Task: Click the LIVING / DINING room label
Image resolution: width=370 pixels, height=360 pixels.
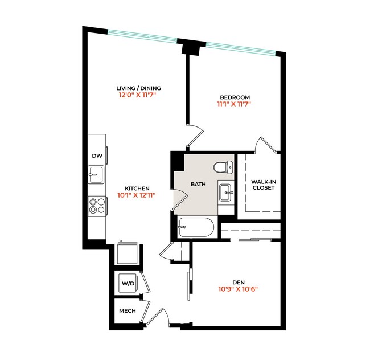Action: click(x=139, y=88)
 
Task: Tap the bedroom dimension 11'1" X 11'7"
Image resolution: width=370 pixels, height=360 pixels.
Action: click(x=233, y=104)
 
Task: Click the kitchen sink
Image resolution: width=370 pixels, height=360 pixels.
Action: click(x=97, y=174)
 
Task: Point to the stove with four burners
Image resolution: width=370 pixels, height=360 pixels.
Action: click(x=97, y=205)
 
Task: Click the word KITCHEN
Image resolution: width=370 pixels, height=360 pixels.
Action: click(x=137, y=189)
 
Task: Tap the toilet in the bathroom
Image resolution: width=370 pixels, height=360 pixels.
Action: click(x=224, y=167)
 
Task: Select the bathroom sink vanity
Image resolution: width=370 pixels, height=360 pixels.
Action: click(x=226, y=193)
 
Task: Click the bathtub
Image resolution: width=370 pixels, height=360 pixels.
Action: click(x=195, y=229)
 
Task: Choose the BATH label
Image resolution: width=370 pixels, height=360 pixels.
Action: click(x=198, y=184)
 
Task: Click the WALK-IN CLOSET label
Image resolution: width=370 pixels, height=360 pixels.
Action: click(x=263, y=185)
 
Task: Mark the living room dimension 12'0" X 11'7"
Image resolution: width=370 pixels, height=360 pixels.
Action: click(x=137, y=96)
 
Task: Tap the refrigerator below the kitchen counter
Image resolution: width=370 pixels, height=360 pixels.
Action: click(x=128, y=253)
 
